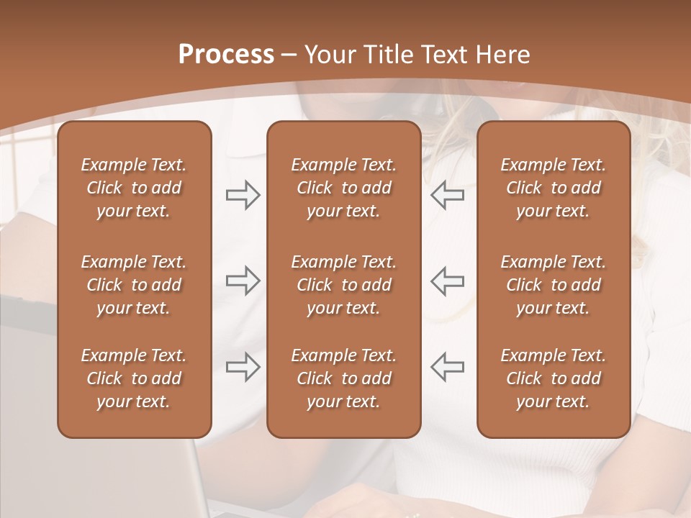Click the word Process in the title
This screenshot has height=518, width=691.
pyautogui.click(x=226, y=55)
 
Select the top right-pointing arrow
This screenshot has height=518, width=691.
pyautogui.click(x=243, y=195)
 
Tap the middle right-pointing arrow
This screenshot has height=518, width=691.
pyautogui.click(x=243, y=281)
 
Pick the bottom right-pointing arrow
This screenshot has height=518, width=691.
pyautogui.click(x=243, y=367)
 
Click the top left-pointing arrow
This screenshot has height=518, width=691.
pyautogui.click(x=447, y=195)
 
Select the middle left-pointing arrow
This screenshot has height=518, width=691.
pyautogui.click(x=447, y=281)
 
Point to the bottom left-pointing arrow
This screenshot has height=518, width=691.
pyautogui.click(x=447, y=367)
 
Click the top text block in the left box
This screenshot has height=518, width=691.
pyautogui.click(x=134, y=188)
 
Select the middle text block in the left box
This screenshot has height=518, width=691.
pyautogui.click(x=134, y=285)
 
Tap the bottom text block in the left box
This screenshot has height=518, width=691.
pyautogui.click(x=134, y=378)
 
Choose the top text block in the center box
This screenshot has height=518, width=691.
pyautogui.click(x=343, y=188)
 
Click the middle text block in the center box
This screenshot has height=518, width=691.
pyautogui.click(x=343, y=285)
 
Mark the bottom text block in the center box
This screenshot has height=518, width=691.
pyautogui.click(x=343, y=378)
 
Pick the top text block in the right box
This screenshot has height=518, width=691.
pyautogui.click(x=553, y=188)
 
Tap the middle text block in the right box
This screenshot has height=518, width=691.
pyautogui.click(x=553, y=285)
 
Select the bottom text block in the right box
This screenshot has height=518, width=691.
pyautogui.click(x=553, y=378)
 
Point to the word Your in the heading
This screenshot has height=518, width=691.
pyautogui.click(x=329, y=55)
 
